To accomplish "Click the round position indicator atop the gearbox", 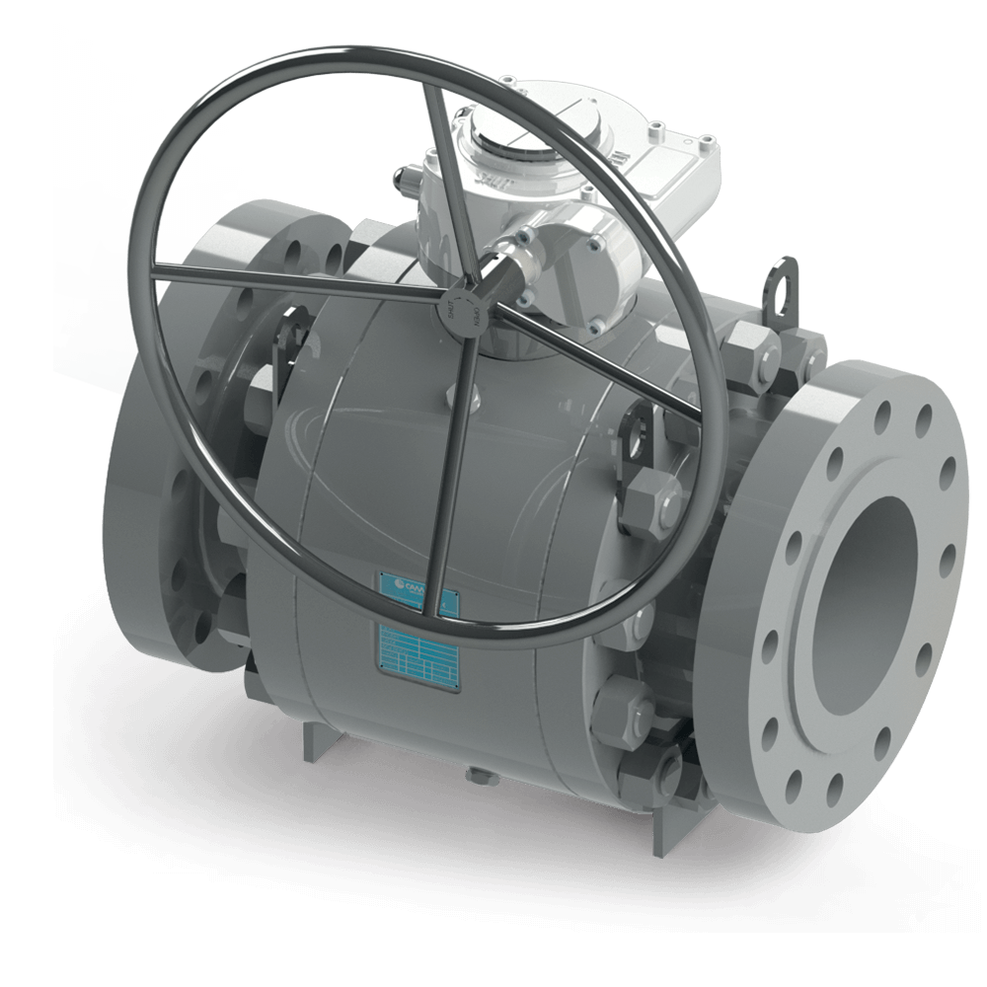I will tap(519, 148).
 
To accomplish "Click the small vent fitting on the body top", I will tap(465, 395).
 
